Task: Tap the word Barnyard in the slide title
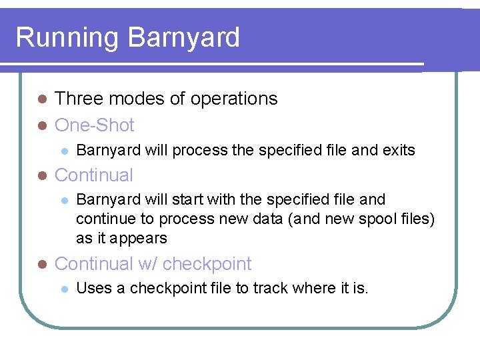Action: click(x=183, y=37)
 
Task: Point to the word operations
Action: click(x=234, y=99)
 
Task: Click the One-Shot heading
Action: click(x=95, y=125)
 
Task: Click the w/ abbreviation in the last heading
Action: click(x=147, y=264)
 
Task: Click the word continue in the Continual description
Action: click(x=103, y=219)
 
